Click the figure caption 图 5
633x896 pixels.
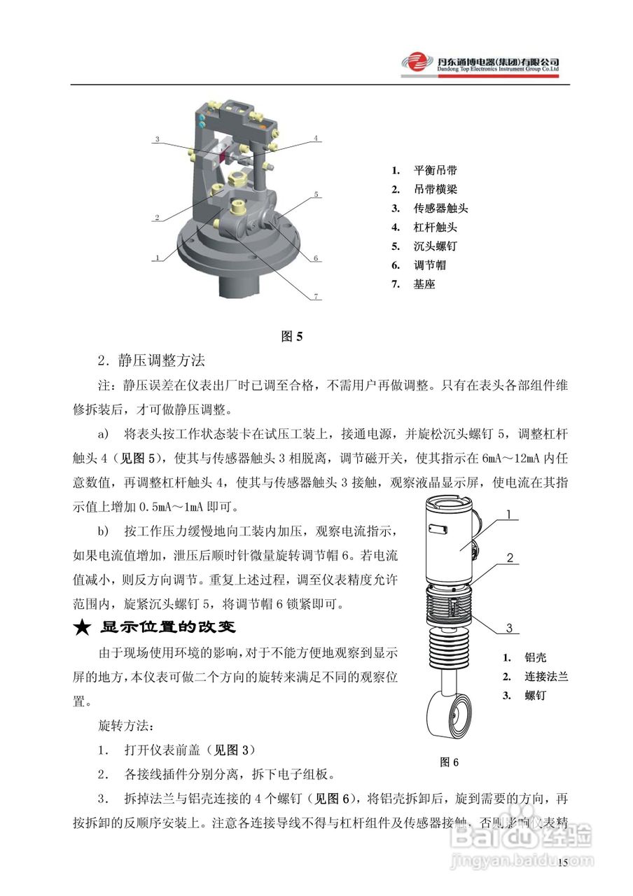click(x=291, y=336)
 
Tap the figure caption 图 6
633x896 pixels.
click(x=449, y=762)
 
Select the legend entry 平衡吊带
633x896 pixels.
click(x=435, y=170)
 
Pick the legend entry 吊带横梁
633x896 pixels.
click(x=435, y=189)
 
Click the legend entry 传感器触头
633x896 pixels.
click(x=440, y=208)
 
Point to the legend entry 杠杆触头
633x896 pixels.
click(x=435, y=227)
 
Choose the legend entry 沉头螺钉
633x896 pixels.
click(x=435, y=246)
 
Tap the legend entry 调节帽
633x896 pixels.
click(x=429, y=265)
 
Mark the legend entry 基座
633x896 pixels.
click(x=424, y=284)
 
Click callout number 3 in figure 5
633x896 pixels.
click(x=158, y=139)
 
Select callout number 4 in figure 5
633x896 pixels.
click(x=316, y=139)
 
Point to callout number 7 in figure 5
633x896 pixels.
click(x=316, y=297)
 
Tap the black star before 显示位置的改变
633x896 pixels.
click(x=83, y=627)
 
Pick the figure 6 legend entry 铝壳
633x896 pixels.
click(x=535, y=658)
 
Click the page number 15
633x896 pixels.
click(x=563, y=862)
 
